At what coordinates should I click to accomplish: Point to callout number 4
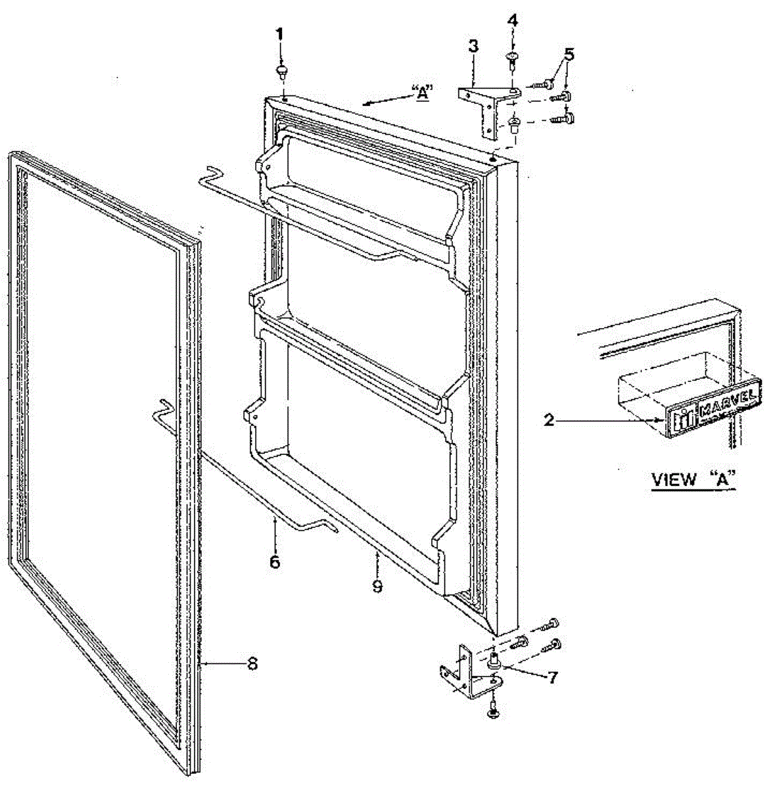[512, 20]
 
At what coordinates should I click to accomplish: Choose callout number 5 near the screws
[569, 54]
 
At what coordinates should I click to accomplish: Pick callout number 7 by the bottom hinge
[551, 677]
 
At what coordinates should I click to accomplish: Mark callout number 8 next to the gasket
[251, 664]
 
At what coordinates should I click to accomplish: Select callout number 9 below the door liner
[377, 585]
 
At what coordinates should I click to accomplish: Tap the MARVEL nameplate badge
[713, 406]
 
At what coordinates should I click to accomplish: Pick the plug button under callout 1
[283, 69]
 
